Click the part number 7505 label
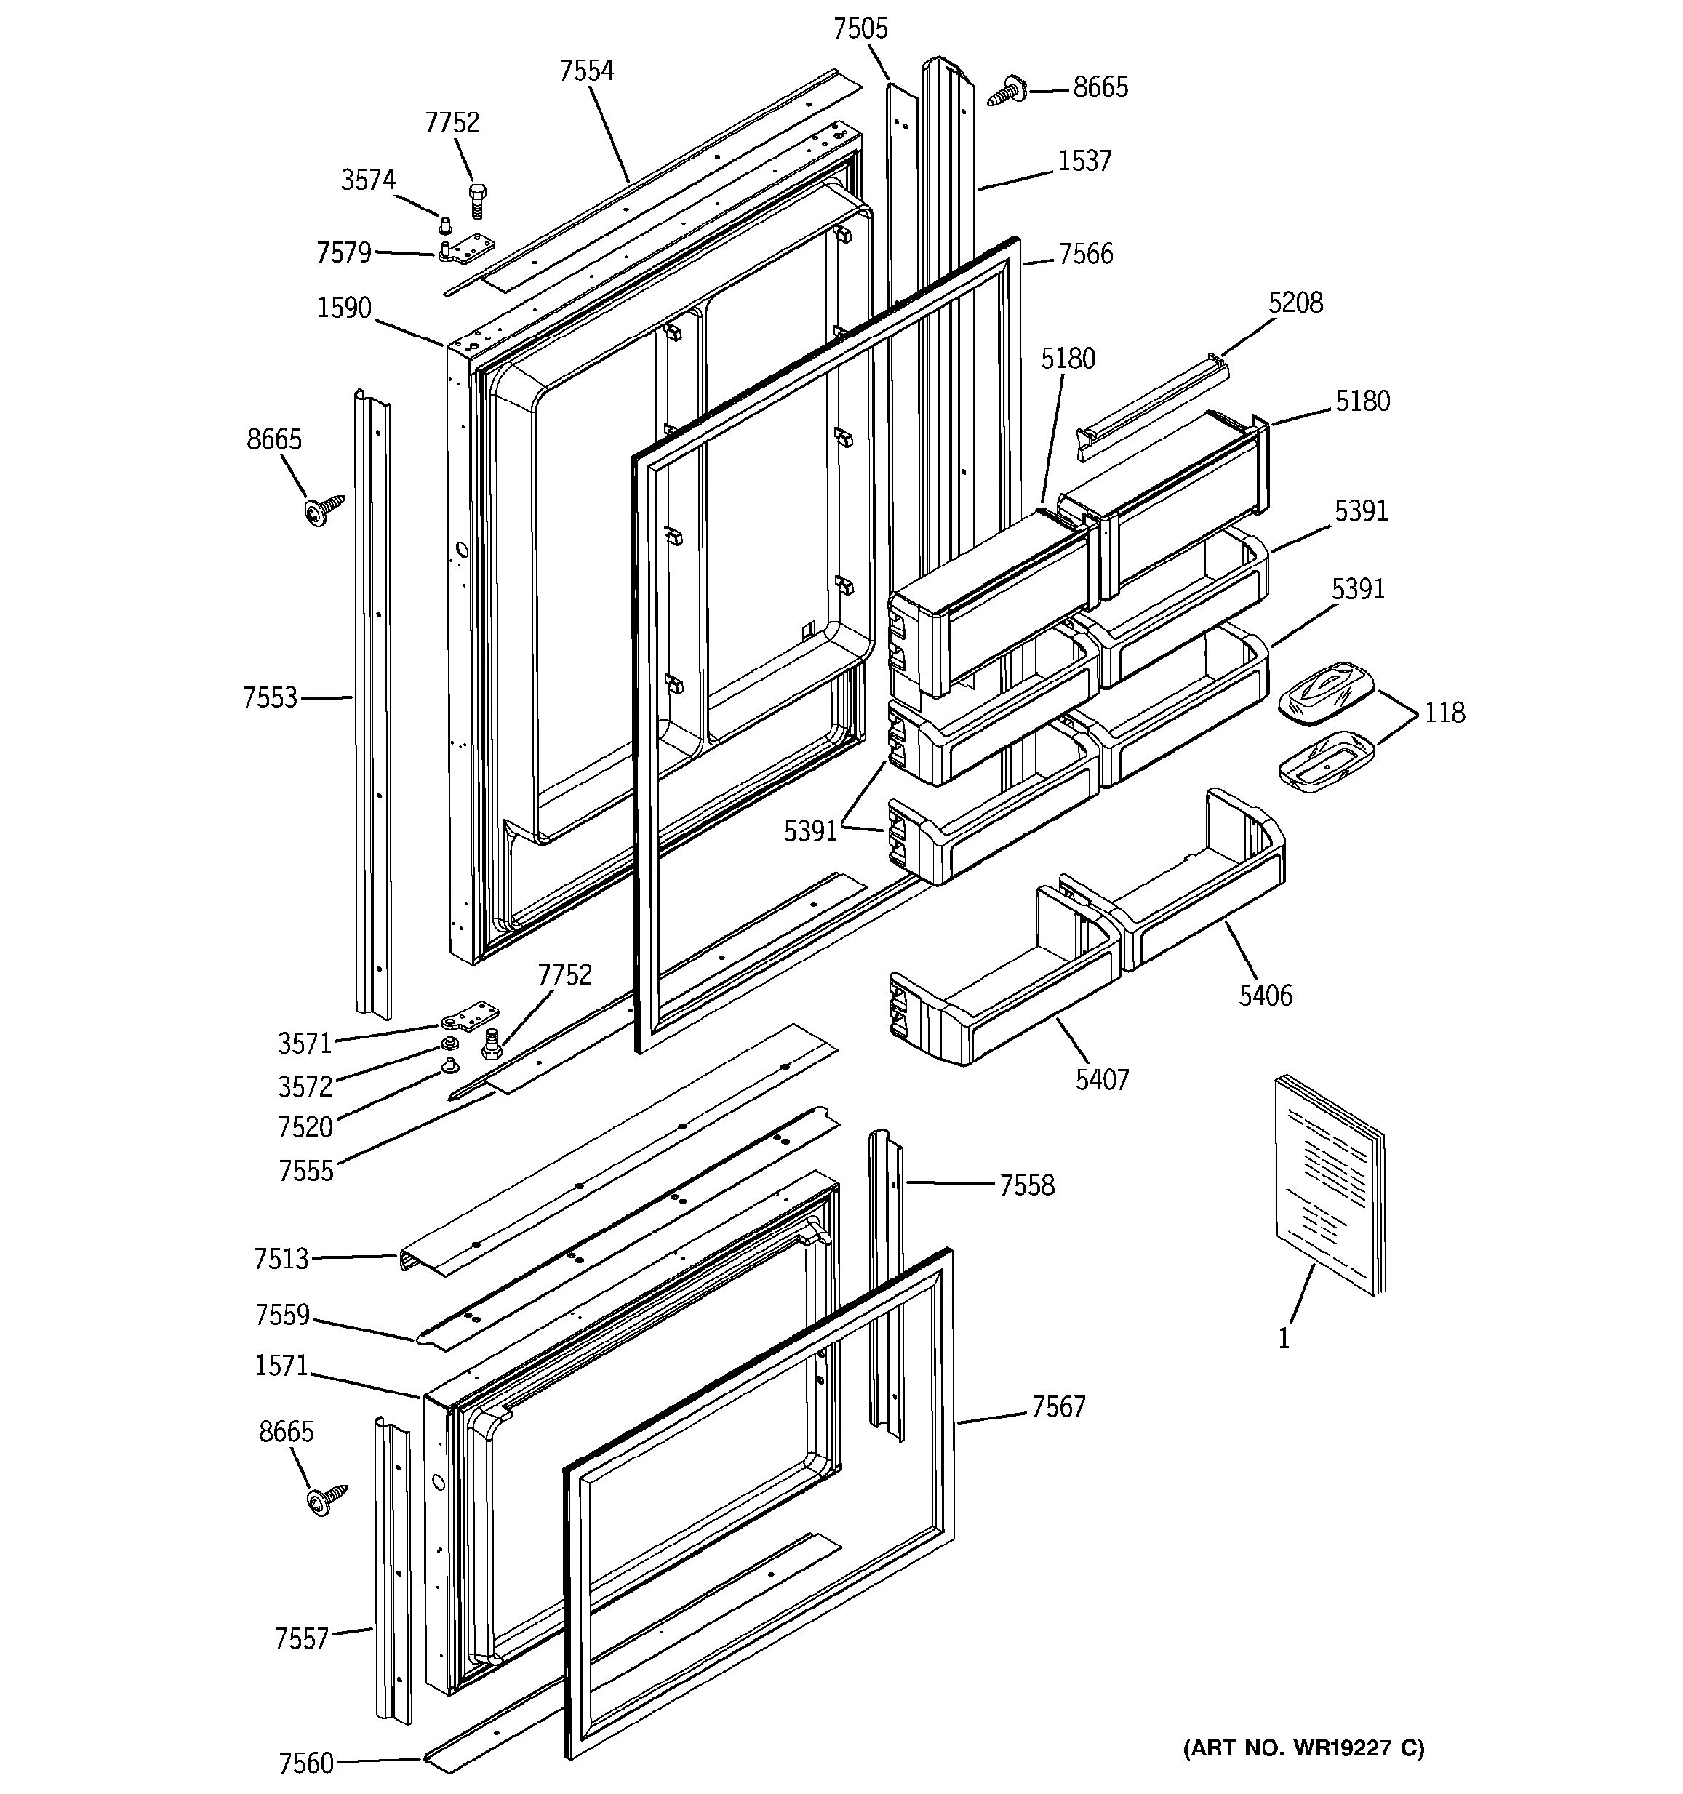pyautogui.click(x=860, y=29)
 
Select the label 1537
pyautogui.click(x=1084, y=161)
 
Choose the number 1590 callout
pyautogui.click(x=344, y=308)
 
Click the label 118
pyautogui.click(x=1444, y=713)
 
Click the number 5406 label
pyautogui.click(x=1266, y=996)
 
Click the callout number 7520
pyautogui.click(x=305, y=1126)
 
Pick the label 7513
pyautogui.click(x=281, y=1258)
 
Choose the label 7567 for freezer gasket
pyautogui.click(x=1058, y=1406)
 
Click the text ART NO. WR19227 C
pyautogui.click(x=1303, y=1749)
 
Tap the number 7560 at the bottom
pyautogui.click(x=305, y=1763)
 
